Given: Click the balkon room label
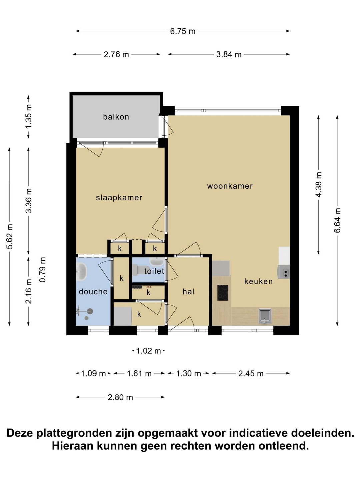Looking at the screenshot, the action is (x=116, y=117).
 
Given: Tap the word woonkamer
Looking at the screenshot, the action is (x=230, y=186).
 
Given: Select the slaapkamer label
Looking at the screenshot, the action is (x=119, y=198).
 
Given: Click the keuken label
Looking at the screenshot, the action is (x=258, y=281).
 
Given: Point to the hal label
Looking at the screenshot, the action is (x=188, y=291).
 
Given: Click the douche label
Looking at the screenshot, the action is (x=93, y=291).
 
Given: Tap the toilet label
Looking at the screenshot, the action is (x=154, y=271).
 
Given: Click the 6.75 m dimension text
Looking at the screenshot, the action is (x=183, y=31).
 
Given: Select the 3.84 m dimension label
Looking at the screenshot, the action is (x=229, y=54).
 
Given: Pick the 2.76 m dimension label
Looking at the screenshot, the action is (x=116, y=54).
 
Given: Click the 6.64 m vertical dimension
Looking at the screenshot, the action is (x=337, y=220).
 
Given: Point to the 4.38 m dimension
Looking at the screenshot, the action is (x=318, y=185).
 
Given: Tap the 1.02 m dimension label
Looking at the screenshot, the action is (x=148, y=351).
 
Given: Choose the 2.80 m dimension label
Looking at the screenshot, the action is (x=120, y=397).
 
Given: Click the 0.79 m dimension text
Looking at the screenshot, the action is (x=43, y=270).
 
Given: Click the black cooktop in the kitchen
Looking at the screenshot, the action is (x=223, y=293).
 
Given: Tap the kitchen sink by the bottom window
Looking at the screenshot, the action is (x=265, y=316).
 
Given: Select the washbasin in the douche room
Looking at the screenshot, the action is (x=81, y=271).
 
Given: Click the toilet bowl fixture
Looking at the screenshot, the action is (x=141, y=270).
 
